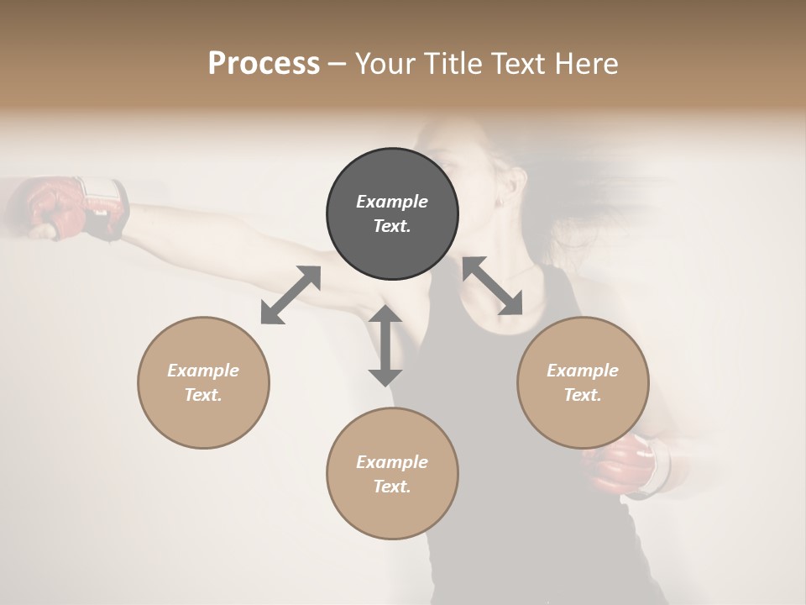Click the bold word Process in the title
tap(264, 64)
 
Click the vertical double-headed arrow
tap(385, 345)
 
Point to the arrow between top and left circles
tap(290, 294)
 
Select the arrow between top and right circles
tap(492, 286)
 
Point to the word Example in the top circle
tap(392, 202)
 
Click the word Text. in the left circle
tap(203, 395)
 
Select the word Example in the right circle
tap(583, 371)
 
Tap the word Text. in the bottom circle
tap(392, 487)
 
